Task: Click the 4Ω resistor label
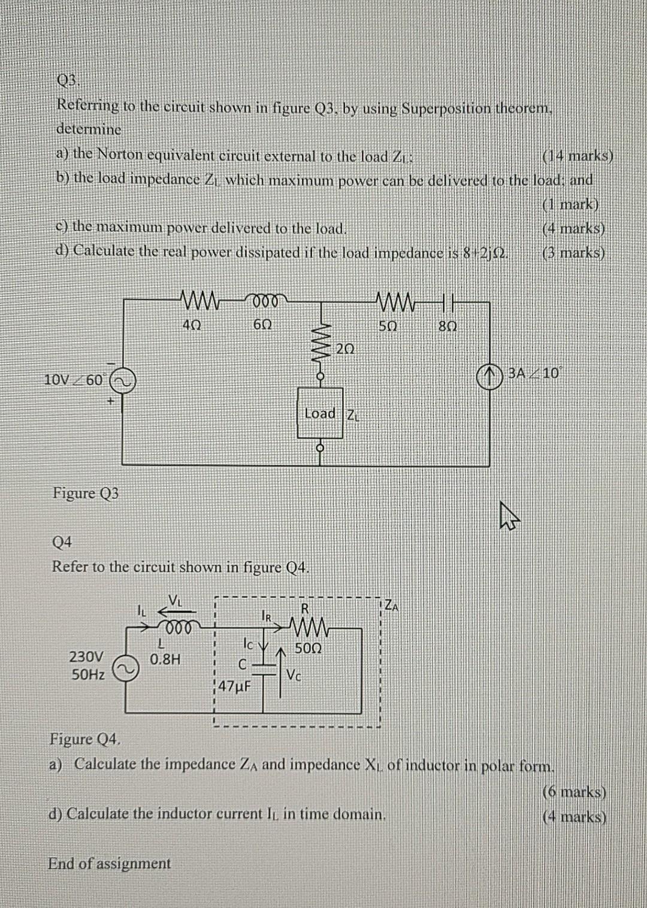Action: point(192,324)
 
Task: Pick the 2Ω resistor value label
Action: point(346,349)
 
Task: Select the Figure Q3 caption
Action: point(86,493)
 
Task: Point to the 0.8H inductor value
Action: point(165,659)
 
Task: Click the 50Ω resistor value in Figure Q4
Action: point(309,649)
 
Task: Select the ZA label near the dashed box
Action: point(391,606)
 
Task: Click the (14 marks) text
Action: point(577,156)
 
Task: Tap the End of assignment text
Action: point(109,863)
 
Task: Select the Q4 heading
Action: point(62,542)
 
